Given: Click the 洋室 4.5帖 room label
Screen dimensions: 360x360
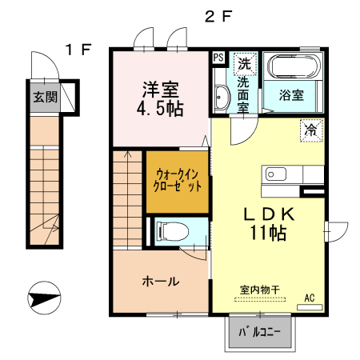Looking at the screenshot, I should point(161,98).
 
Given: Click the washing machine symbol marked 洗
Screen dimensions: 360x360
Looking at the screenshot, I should point(242,62).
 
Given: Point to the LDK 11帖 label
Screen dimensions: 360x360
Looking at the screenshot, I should point(266,223).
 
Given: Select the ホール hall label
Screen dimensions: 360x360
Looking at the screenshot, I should point(160,282).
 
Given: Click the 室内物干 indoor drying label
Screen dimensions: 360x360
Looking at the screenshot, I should point(260,289).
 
